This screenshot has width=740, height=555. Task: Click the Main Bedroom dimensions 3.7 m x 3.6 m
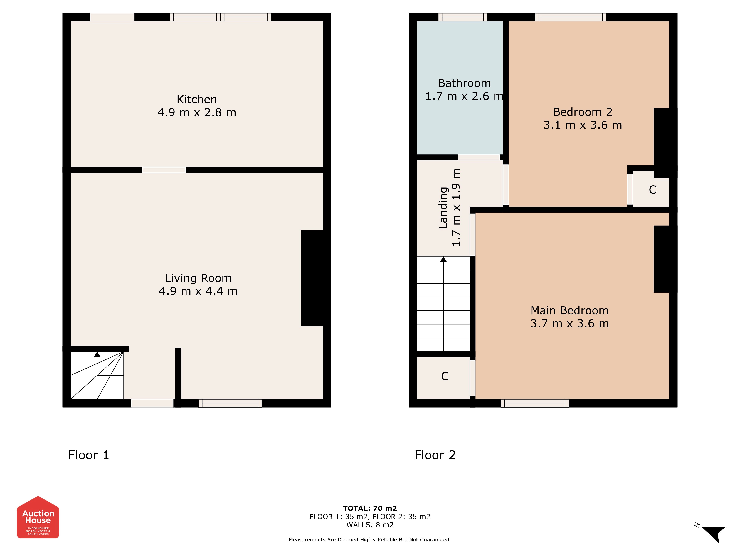pos(570,324)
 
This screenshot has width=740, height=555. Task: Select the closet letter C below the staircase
pos(445,376)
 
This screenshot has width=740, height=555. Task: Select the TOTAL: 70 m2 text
pos(370,509)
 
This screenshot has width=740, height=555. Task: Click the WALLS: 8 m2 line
pos(370,525)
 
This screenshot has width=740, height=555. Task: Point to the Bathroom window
pos(463,17)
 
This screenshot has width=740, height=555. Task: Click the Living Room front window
pos(230,403)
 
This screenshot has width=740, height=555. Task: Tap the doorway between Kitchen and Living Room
pos(164,170)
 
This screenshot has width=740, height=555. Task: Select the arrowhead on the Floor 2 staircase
pos(443,259)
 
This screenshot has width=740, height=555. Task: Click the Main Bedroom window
pos(535,403)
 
